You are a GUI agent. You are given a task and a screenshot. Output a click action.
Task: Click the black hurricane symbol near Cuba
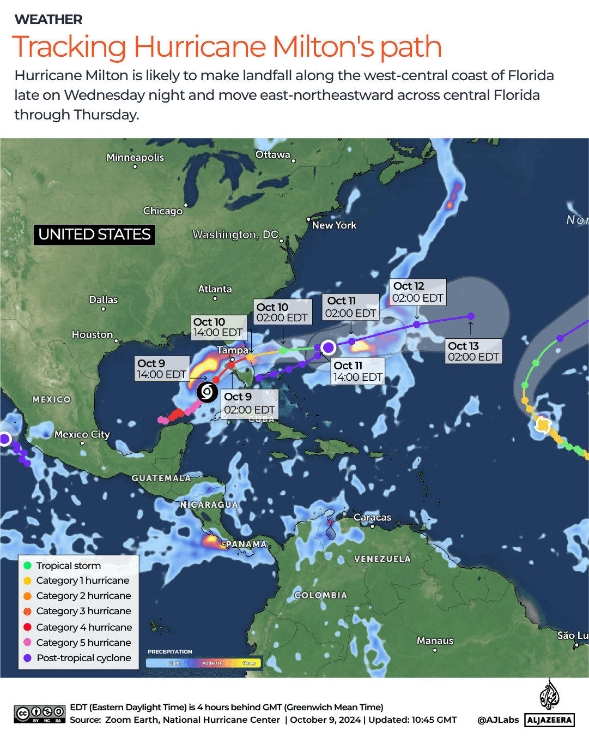[x=207, y=392]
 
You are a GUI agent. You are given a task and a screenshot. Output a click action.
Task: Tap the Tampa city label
[x=233, y=350]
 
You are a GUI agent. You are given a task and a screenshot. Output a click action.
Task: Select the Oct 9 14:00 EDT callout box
[x=162, y=369]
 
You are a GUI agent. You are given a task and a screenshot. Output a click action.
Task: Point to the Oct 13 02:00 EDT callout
[x=473, y=351]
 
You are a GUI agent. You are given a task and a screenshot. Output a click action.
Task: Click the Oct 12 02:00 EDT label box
[x=418, y=292]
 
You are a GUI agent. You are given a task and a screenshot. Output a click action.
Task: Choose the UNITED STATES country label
[x=94, y=235]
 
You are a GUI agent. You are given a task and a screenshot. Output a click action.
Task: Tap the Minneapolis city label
[x=135, y=157]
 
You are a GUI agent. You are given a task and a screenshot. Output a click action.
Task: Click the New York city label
[x=334, y=225]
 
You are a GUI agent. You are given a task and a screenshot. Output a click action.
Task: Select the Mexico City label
[x=82, y=434]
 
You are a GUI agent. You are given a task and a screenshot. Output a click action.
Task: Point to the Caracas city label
[x=372, y=517]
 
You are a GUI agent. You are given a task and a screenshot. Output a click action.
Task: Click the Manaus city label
[x=435, y=640]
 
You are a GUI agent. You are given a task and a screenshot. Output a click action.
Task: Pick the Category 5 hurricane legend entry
[x=83, y=643]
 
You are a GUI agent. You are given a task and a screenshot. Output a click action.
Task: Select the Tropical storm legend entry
[x=68, y=566]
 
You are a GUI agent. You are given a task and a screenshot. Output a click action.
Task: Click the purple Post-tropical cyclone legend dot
[x=28, y=658]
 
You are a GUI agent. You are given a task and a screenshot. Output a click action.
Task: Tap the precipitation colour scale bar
[x=204, y=663]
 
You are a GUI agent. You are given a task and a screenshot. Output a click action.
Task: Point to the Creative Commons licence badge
[x=40, y=714]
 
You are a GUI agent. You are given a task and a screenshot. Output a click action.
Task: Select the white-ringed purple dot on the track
[x=329, y=347]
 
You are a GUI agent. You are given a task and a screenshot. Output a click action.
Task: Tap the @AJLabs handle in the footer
[x=498, y=720]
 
